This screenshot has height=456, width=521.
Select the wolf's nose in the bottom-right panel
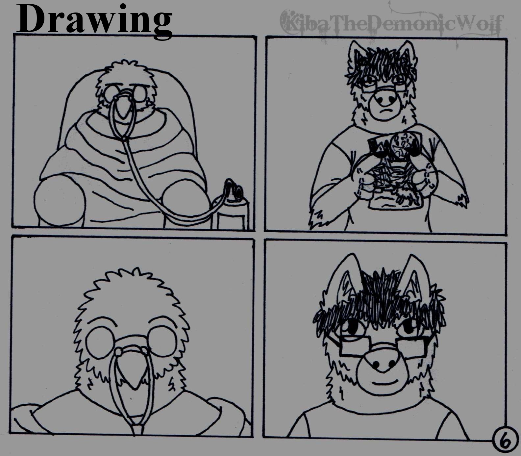point(383,363)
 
